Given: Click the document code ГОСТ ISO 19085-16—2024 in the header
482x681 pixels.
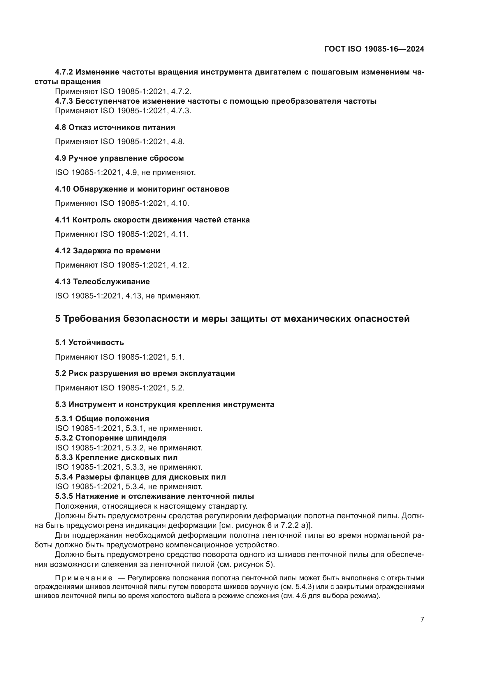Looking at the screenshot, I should tap(374, 49).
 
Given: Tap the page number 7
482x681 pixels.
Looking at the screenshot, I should tap(422, 619).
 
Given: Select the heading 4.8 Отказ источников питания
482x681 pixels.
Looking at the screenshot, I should tap(115, 127).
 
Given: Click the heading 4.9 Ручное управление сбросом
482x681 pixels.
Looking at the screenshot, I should tap(119, 158).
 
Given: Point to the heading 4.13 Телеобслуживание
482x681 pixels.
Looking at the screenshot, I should tap(102, 282).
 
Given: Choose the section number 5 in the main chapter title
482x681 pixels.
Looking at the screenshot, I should tap(58, 319).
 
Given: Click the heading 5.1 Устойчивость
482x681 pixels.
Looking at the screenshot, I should tap(89, 342).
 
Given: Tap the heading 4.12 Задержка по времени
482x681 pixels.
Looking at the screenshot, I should tap(108, 251).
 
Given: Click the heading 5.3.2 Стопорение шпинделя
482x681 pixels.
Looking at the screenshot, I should tap(111, 438).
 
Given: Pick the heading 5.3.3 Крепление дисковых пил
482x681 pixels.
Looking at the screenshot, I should tap(116, 457).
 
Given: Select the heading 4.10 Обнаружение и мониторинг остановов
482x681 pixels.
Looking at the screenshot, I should tap(142, 189).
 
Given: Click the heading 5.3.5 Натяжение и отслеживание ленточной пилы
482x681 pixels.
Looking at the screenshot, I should tap(154, 496).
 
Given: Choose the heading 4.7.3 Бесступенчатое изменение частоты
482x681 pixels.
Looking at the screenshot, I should tap(215, 101).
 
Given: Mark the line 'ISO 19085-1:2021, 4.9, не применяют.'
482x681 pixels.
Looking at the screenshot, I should tap(125, 172).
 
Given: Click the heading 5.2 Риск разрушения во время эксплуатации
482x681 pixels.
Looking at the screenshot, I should tap(145, 373).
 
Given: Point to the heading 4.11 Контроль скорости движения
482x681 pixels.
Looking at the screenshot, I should tap(152, 220).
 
